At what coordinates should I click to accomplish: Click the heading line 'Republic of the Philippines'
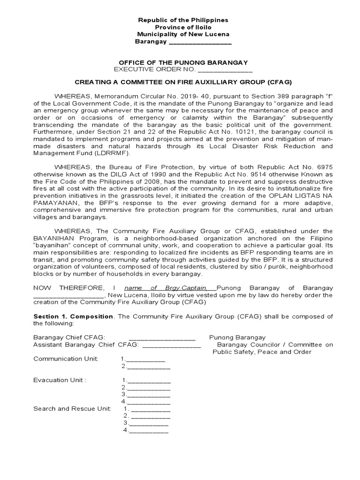pos(182,20)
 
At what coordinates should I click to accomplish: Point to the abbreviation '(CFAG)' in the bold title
pos(279,82)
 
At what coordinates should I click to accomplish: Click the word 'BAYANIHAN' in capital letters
pos(52,238)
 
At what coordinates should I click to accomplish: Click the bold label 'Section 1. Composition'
pos(73,316)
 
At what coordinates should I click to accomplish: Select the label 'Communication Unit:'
pos(66,359)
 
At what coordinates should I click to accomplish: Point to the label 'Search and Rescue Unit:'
pos(72,409)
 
